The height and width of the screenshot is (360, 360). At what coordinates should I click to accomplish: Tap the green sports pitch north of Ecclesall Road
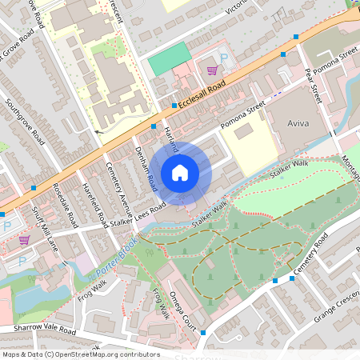tap(170, 58)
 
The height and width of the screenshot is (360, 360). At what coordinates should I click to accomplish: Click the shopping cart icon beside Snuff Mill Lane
tap(24, 239)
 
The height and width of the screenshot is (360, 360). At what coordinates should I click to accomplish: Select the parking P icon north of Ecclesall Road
tap(223, 58)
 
